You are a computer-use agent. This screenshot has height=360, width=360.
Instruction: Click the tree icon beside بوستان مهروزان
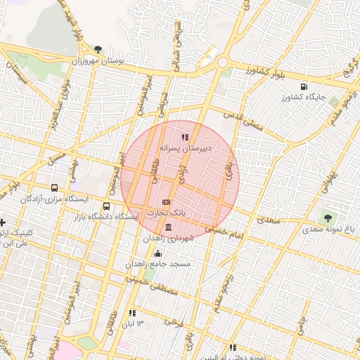coord(97,49)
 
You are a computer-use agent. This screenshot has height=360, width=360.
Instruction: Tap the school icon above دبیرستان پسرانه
coord(185,138)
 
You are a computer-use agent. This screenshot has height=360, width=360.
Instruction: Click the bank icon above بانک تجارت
coord(167,202)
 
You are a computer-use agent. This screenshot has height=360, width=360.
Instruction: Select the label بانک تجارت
coord(169,212)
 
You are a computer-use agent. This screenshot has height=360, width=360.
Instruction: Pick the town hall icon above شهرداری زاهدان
coord(167,228)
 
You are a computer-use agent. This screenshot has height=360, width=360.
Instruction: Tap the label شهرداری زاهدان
coord(167,239)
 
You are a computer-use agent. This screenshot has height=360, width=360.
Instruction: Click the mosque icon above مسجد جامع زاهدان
coord(157,254)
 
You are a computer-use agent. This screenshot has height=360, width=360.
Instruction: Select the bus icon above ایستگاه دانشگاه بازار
coord(106,207)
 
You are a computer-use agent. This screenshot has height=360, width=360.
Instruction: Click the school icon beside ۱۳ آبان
coord(131,313)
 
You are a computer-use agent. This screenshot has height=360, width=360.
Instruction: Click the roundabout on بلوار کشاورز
coord(223,63)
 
